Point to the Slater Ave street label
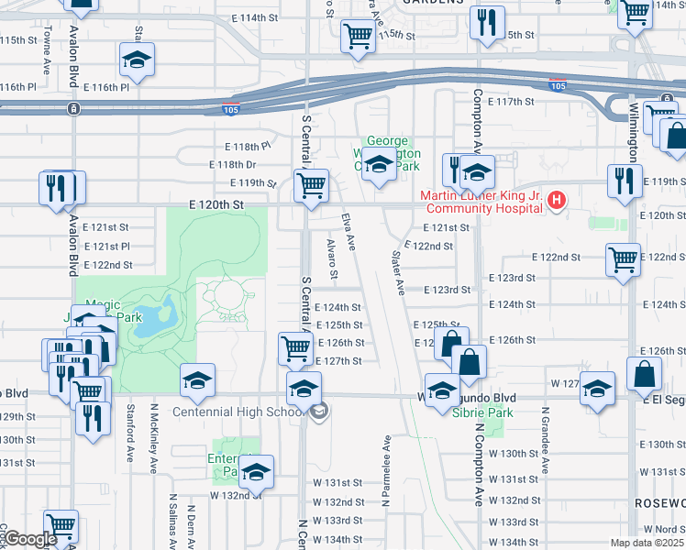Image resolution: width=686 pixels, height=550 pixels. (x=399, y=272)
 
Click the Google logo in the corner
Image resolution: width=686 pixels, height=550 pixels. (x=29, y=539)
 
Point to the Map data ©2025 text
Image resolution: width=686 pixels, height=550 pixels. (x=647, y=543)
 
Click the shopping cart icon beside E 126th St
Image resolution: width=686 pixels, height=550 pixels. (x=295, y=348)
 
